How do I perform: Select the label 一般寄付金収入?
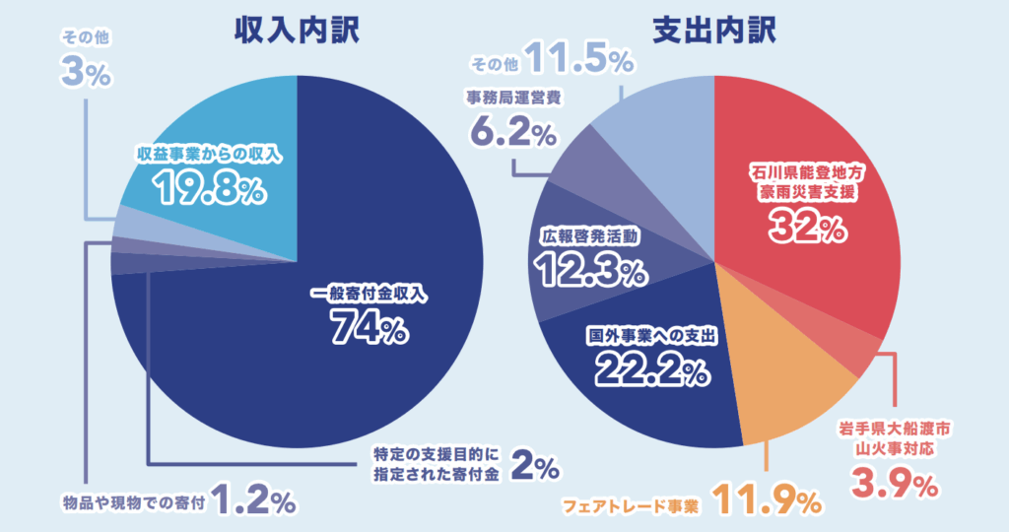(371, 294)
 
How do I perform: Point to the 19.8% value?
(209, 186)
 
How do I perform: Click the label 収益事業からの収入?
(210, 154)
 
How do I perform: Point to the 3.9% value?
(896, 484)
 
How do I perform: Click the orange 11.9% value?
(766, 501)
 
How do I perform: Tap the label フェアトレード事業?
(631, 506)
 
